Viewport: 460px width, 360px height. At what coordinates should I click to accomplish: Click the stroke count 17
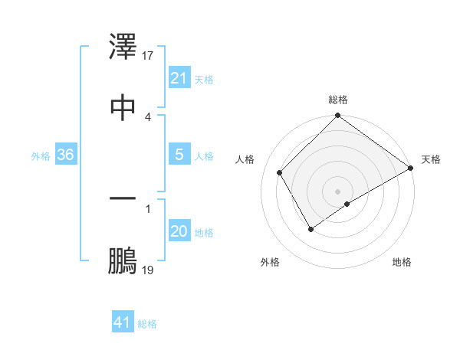tap(148, 56)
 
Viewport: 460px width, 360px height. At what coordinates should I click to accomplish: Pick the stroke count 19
tap(148, 270)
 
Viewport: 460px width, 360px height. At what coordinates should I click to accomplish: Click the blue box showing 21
tap(179, 78)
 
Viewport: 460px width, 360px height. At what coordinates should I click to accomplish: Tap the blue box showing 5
tap(179, 155)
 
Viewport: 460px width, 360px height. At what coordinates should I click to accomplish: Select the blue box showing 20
tap(179, 232)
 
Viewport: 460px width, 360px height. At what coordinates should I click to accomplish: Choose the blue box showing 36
tap(66, 155)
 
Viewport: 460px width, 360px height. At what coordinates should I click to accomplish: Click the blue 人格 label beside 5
tap(204, 156)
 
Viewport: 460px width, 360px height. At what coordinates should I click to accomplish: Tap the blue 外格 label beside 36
tap(41, 156)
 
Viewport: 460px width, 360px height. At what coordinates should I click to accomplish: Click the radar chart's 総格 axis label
tap(338, 100)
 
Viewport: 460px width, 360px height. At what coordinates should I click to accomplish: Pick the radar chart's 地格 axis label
tap(402, 263)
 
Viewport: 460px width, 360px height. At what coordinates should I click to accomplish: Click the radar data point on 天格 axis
tap(411, 169)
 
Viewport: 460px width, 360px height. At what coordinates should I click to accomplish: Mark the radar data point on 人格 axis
tap(280, 172)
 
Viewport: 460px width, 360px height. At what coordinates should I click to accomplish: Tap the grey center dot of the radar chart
tap(338, 191)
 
